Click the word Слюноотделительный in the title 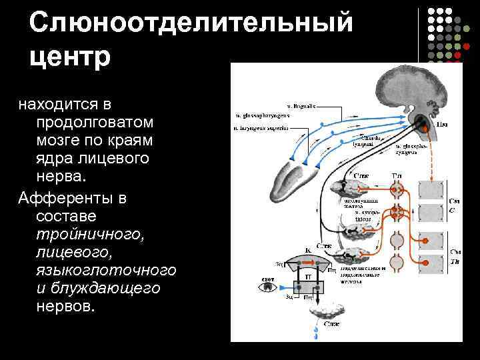pos(190,25)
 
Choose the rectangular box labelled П pos(309,275)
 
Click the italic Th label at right pos(455,263)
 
